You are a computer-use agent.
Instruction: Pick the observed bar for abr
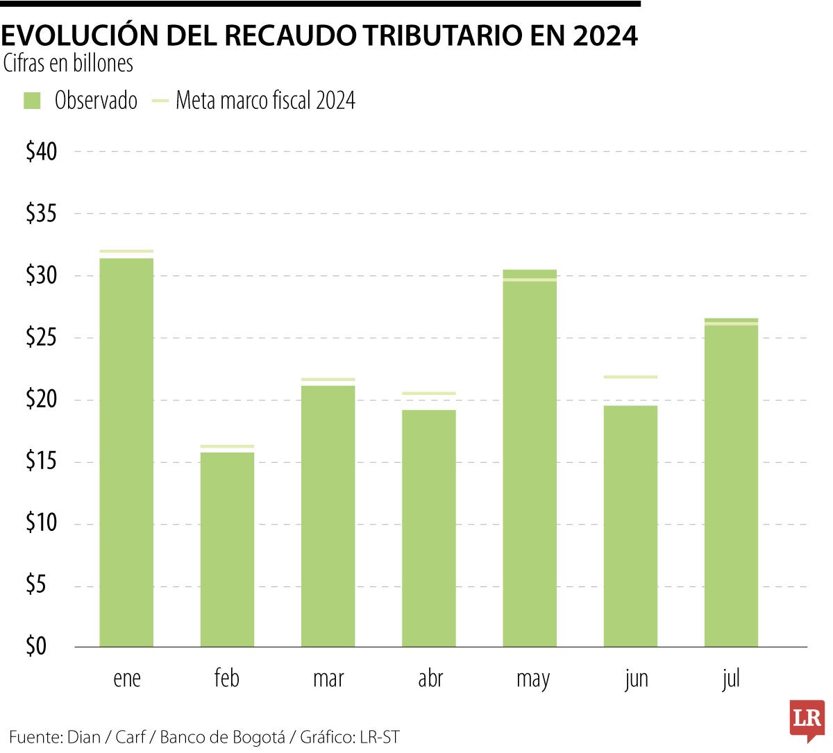(x=428, y=528)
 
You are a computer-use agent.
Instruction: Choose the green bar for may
(x=530, y=458)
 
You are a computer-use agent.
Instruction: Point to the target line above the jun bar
(x=630, y=377)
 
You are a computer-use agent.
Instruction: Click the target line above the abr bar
(x=428, y=394)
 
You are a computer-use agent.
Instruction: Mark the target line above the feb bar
(x=227, y=446)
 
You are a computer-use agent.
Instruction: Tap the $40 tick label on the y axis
(x=41, y=152)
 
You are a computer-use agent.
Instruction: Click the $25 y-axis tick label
(x=41, y=338)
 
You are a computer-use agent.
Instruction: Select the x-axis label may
(x=532, y=679)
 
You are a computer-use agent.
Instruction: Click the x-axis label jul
(x=731, y=678)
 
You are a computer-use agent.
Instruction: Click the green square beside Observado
(x=32, y=101)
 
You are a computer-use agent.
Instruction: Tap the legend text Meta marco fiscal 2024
(x=265, y=101)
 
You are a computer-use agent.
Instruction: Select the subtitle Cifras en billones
(x=68, y=64)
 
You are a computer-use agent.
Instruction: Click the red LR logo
(x=807, y=719)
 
